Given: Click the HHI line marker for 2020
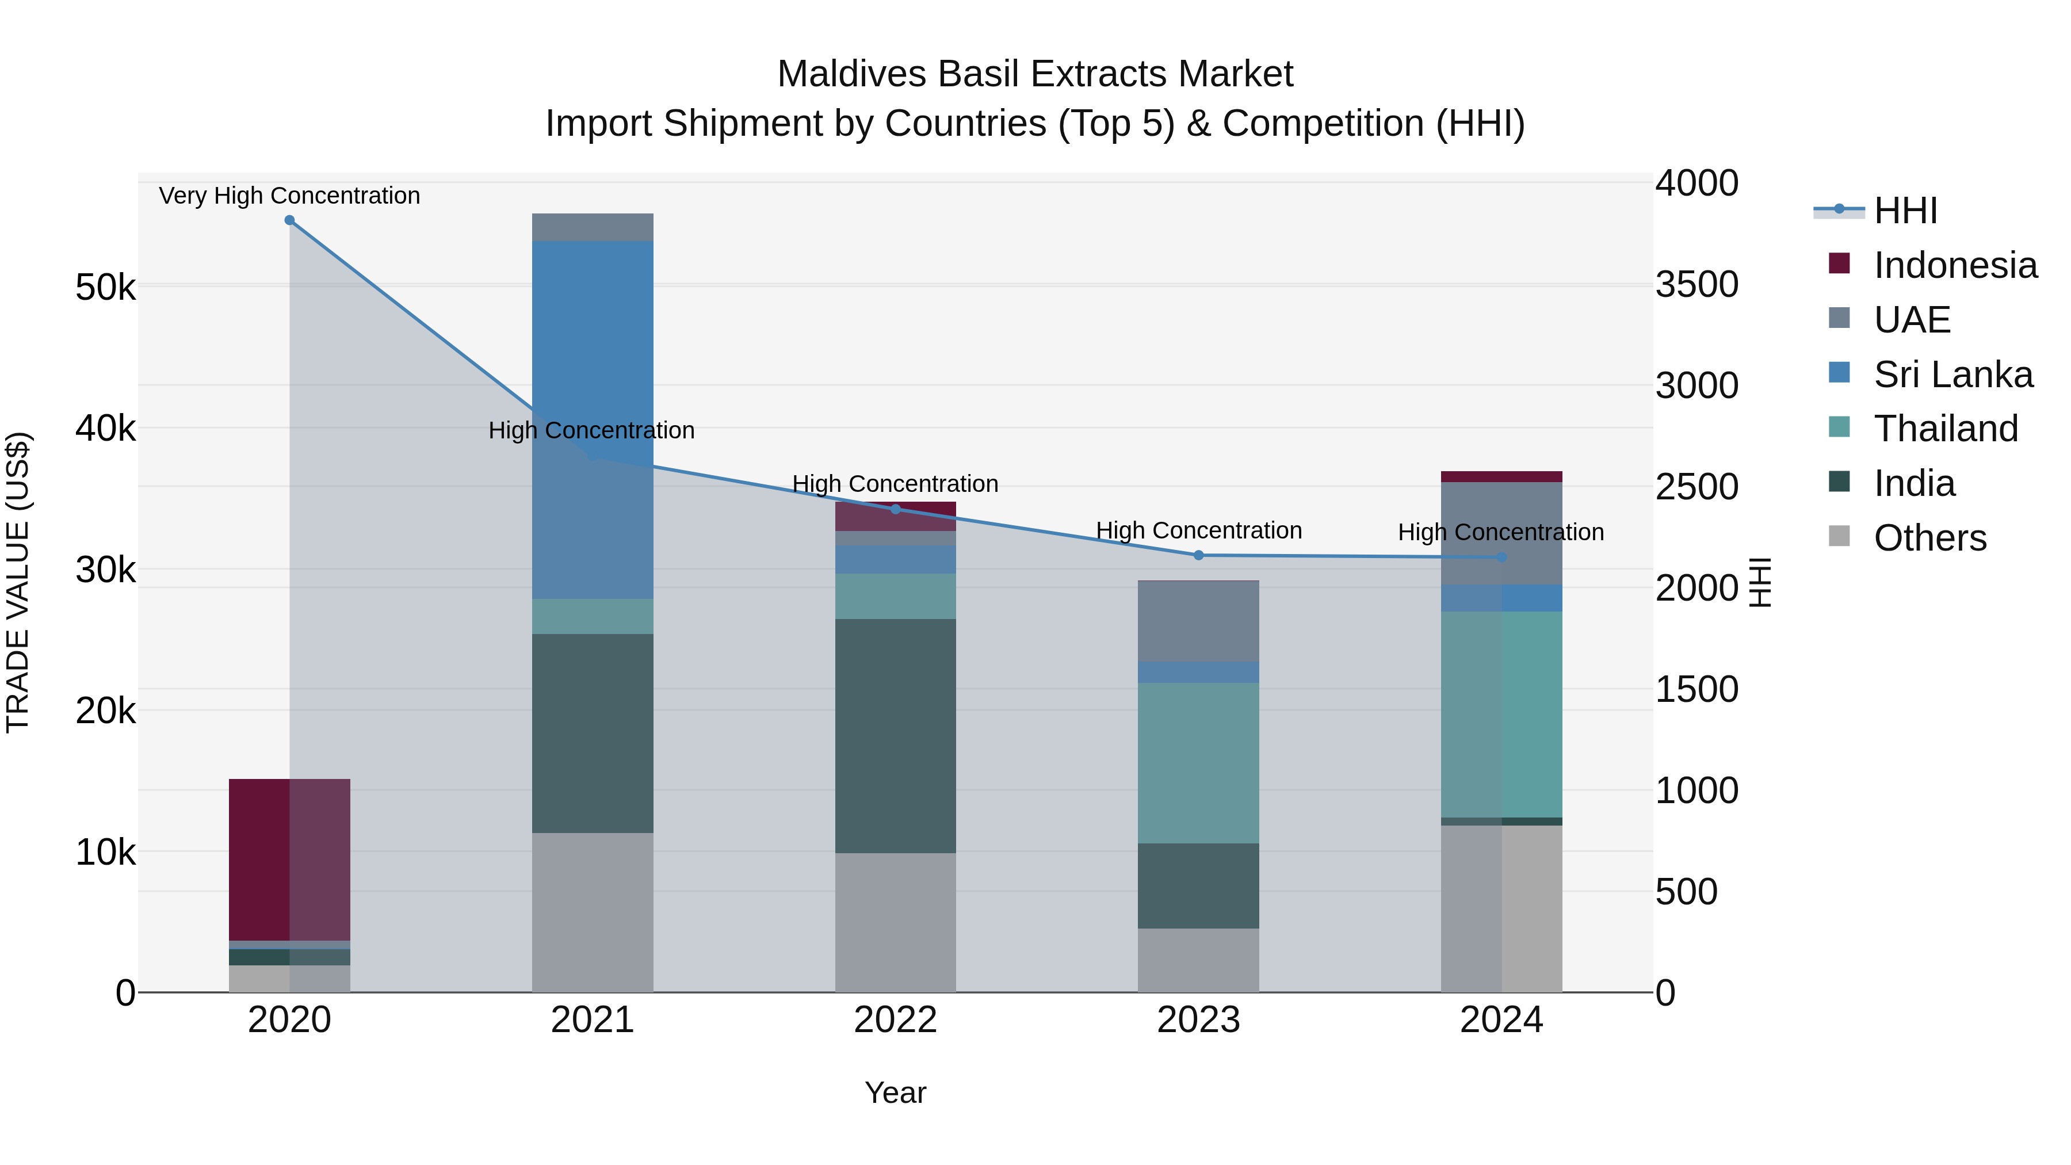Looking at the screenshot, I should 289,220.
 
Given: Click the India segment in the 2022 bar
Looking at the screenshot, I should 896,736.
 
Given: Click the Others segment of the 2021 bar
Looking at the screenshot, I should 593,912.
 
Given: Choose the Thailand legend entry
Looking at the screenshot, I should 1946,429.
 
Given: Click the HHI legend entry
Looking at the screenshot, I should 1905,211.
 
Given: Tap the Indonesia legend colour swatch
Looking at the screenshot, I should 1840,263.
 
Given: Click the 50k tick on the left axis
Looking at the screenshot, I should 105,287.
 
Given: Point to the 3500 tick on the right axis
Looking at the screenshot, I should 1696,285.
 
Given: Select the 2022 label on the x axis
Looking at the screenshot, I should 896,1020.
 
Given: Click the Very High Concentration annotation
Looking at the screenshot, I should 289,196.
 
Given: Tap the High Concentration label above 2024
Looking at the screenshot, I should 1501,532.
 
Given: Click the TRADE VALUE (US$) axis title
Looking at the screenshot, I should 18,582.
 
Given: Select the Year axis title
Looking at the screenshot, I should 896,1093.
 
